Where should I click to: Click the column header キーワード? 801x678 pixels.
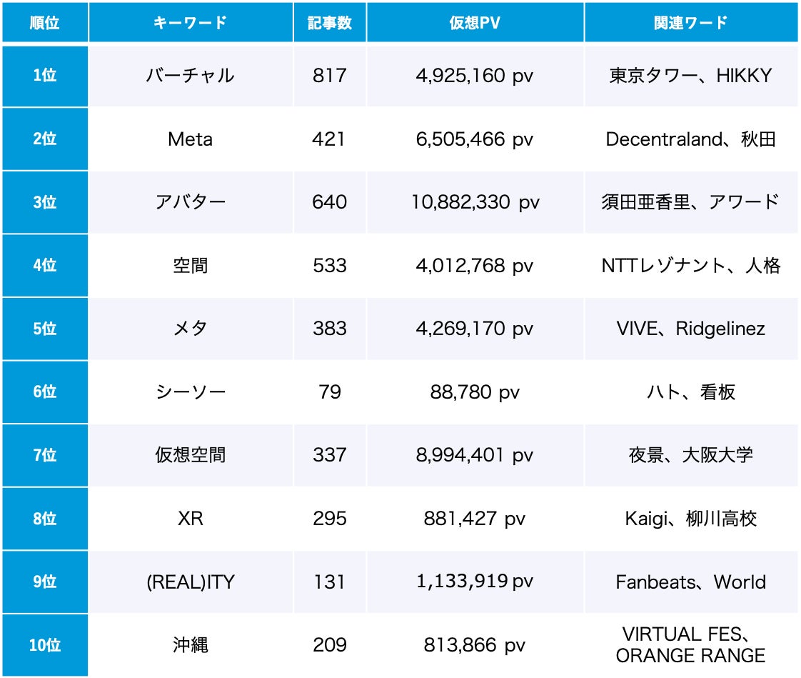190,23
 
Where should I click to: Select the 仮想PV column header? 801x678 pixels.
475,23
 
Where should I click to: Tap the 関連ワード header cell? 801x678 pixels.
690,23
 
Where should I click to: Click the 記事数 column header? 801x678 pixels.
329,23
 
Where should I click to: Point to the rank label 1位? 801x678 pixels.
45,76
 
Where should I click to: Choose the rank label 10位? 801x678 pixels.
45,646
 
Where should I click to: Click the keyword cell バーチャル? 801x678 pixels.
190,76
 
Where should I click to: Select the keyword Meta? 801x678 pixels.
190,139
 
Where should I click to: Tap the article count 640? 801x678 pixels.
329,202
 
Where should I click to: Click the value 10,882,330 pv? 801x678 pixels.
475,202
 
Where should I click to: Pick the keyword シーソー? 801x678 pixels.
190,392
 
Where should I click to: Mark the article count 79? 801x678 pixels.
329,392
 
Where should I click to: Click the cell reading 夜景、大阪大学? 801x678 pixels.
690,455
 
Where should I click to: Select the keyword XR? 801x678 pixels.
190,519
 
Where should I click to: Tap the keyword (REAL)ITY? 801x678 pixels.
190,582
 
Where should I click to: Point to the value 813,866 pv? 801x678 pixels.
475,646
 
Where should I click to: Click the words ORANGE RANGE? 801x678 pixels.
690,656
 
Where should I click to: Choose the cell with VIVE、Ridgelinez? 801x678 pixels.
690,329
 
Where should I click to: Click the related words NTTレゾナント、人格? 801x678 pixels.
690,266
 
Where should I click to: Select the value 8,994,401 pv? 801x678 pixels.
475,455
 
